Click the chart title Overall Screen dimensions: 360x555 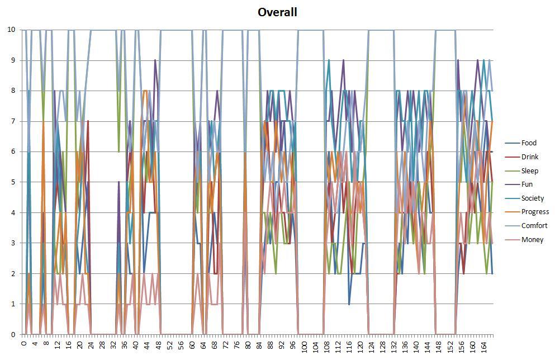[x=277, y=12]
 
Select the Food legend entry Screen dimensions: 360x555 [x=528, y=143]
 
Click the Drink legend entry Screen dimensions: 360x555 [x=529, y=157]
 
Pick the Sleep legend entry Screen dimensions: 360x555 [x=529, y=170]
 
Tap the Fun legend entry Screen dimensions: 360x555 [x=526, y=184]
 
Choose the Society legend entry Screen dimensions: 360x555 [x=532, y=198]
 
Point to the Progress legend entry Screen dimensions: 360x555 [x=534, y=212]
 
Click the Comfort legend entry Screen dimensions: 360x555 [x=534, y=226]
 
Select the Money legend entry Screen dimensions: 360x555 [x=532, y=240]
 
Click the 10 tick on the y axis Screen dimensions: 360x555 [x=12, y=30]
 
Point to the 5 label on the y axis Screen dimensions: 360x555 [x=15, y=182]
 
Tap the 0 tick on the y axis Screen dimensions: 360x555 [x=15, y=334]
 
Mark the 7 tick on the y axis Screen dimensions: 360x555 [x=15, y=121]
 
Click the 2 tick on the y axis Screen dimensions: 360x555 [x=15, y=273]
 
